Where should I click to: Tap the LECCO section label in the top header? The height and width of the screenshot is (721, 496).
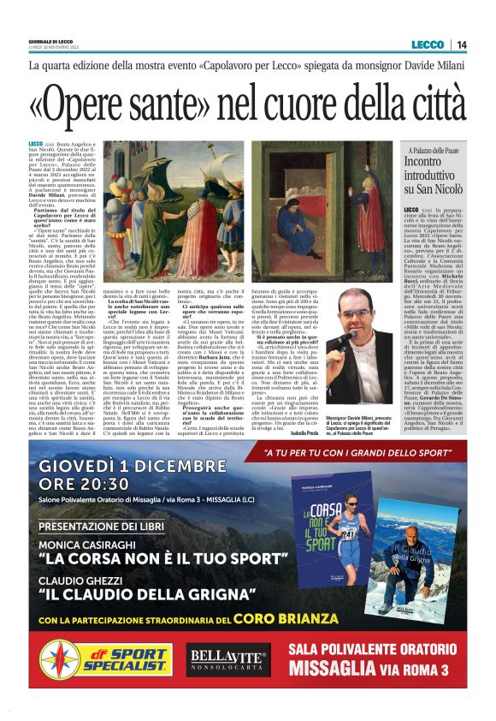[x=427, y=45]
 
